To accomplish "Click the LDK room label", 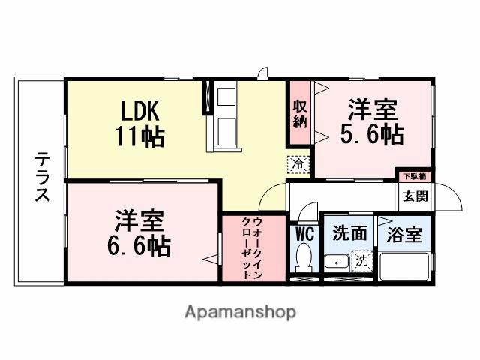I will point(139,111).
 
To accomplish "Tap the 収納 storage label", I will point(300,115).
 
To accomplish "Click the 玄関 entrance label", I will point(414,196).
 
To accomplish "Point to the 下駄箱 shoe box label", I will point(413,177).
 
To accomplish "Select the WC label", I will point(304,232).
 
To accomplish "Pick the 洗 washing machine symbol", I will point(361,262).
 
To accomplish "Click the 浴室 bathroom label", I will point(403,235).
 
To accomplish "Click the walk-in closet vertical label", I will point(253,248).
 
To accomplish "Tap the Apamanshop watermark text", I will point(240,312).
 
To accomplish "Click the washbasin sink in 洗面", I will point(335,262).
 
